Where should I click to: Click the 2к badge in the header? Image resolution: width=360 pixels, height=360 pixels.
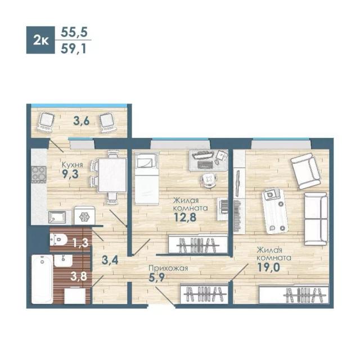coord(40,40)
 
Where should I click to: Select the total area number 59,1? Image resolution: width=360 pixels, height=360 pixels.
coord(73,49)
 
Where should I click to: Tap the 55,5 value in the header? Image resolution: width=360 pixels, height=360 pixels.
coord(74,32)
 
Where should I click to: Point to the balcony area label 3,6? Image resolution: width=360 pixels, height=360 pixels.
coord(81,121)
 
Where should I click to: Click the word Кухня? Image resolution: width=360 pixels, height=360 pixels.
coord(73,165)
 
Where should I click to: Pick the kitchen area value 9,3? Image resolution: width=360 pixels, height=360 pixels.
coord(70,174)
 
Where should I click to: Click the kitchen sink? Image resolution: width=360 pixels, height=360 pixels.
coord(57,217)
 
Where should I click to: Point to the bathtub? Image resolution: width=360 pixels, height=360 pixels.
coord(42,279)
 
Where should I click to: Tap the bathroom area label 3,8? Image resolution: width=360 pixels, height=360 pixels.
coord(79,276)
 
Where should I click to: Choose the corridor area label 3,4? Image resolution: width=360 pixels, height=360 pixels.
coord(110,260)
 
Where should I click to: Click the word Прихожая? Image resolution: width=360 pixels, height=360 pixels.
coord(168,268)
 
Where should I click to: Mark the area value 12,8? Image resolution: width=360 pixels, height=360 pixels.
coord(185,217)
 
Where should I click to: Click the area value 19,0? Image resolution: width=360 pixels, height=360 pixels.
coord(268,267)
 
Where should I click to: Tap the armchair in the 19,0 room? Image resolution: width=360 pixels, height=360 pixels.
coord(305,171)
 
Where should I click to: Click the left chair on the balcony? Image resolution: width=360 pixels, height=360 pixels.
coord(46,122)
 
